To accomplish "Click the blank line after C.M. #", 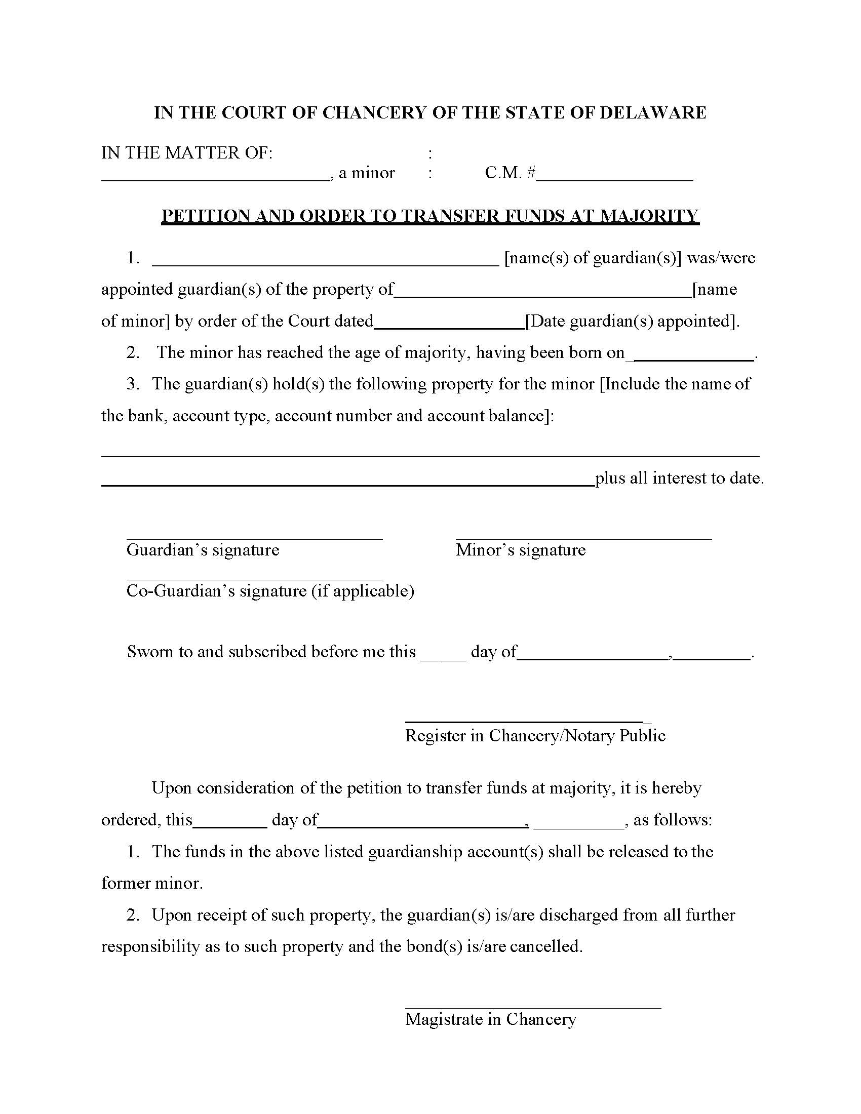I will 615,179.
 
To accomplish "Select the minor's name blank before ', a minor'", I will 215,179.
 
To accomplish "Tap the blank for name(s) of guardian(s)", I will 326,263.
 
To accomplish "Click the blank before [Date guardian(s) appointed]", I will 449,327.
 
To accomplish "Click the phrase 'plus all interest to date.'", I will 679,478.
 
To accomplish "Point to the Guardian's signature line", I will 254,538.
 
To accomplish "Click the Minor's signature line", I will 583,538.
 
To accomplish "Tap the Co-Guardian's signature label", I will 270,590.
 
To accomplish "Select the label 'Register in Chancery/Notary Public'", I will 535,736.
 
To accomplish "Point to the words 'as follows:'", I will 672,820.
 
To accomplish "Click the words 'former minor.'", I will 152,883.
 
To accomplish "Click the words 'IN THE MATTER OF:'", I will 187,152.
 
